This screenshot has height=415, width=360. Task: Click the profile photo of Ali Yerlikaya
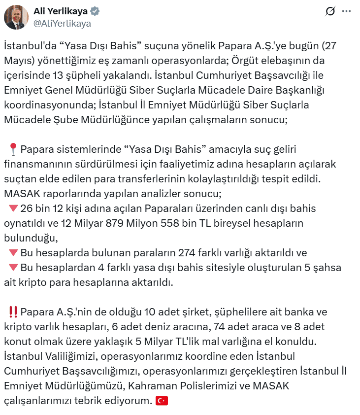click(16, 17)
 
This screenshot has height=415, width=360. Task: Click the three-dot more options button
click(347, 11)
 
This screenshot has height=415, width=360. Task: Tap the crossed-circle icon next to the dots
click(330, 11)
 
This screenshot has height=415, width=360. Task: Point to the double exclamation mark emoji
click(13, 312)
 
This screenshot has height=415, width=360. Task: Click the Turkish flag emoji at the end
click(162, 401)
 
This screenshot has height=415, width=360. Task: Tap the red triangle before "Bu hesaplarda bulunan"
click(13, 253)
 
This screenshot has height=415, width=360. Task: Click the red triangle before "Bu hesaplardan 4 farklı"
click(13, 268)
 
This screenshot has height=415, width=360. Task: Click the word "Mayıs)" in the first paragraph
click(18, 61)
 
